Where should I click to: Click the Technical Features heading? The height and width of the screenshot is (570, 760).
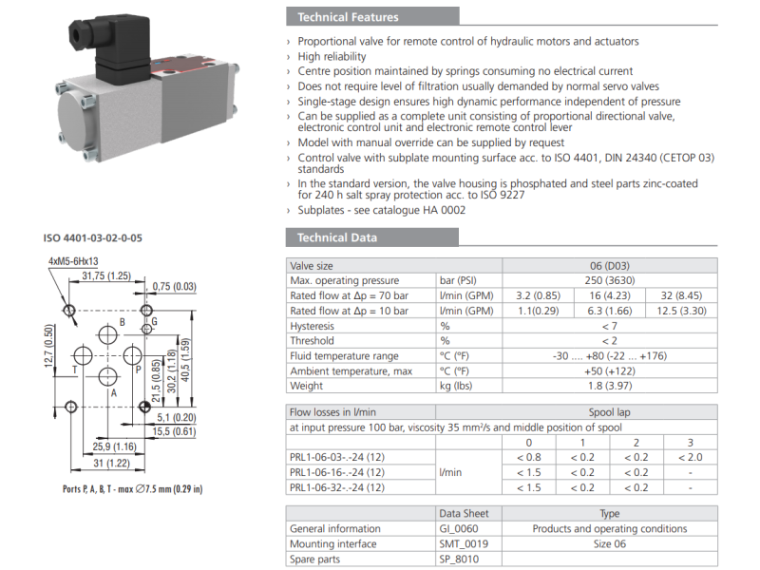coord(348,17)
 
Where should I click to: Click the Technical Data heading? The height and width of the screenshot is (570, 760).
coord(337,237)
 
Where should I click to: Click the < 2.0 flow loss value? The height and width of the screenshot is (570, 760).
coord(690,457)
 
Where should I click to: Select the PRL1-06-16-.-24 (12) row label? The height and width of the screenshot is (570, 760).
coord(337,472)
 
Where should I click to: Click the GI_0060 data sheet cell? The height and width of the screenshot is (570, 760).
coord(460,529)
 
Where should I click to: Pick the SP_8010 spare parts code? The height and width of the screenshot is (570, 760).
coord(459,560)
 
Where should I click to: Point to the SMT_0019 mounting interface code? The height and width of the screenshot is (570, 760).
coord(462,544)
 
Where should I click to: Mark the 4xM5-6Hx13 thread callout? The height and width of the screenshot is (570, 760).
coord(73,261)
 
